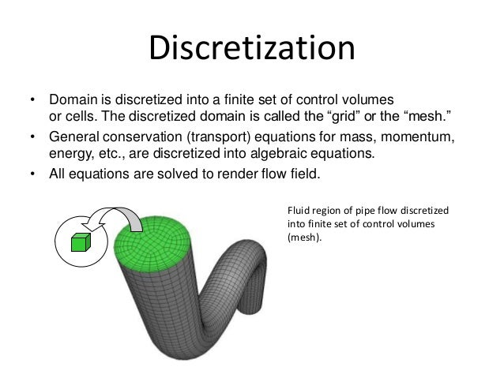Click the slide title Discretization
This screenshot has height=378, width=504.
(252, 49)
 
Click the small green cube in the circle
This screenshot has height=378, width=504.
(78, 242)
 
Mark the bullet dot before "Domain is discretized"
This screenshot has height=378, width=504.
(32, 102)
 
